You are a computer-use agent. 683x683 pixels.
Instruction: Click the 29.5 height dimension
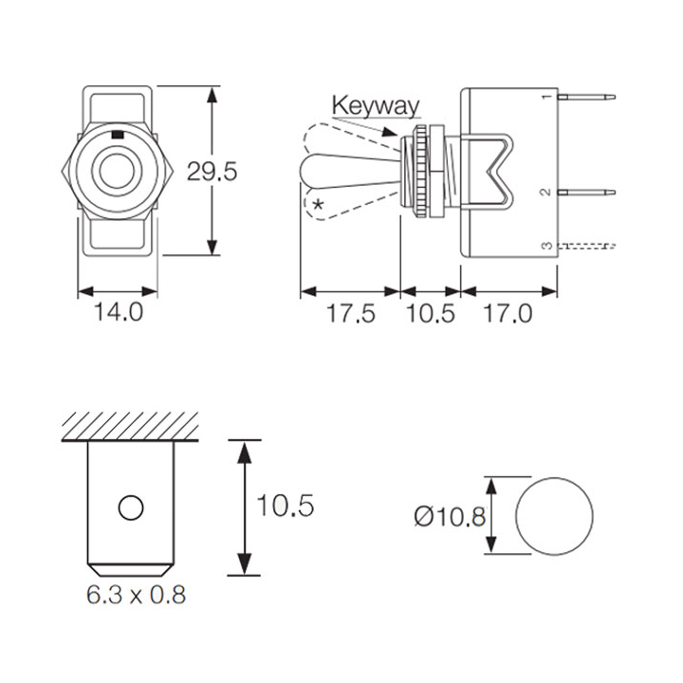[212, 171]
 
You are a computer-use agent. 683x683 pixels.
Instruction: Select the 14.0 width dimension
[119, 312]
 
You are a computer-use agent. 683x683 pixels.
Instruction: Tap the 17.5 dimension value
[351, 313]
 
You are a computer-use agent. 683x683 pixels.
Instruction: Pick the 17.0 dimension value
[508, 313]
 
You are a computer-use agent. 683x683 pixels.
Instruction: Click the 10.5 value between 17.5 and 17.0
[431, 313]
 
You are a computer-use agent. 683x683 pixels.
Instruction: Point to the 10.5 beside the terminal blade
[286, 506]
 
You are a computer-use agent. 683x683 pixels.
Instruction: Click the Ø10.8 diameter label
[450, 517]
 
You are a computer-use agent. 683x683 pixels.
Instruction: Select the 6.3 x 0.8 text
[137, 595]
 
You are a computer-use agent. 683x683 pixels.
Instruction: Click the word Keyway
[376, 105]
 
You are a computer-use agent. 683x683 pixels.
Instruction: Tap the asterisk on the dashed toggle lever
[319, 204]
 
